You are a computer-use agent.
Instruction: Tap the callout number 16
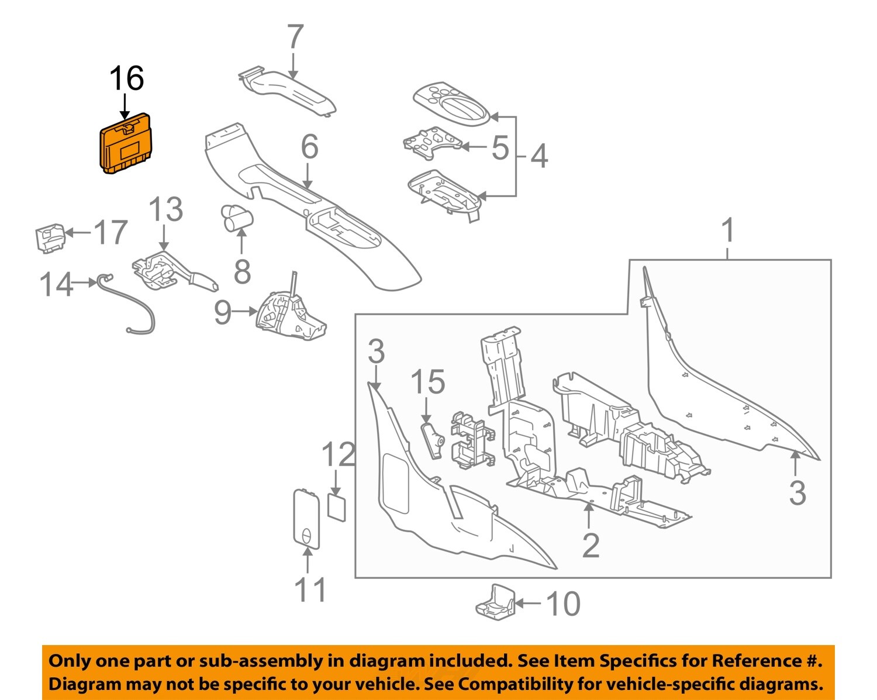tap(126, 78)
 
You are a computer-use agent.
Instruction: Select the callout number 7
tap(295, 37)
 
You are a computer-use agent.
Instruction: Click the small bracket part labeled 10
tap(496, 602)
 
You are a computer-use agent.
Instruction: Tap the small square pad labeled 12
tap(336, 506)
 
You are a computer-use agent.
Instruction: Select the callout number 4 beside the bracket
tap(538, 157)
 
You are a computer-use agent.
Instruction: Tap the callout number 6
tap(309, 147)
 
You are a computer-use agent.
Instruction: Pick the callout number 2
tap(590, 546)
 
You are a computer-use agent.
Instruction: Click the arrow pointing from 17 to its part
tap(78, 232)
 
